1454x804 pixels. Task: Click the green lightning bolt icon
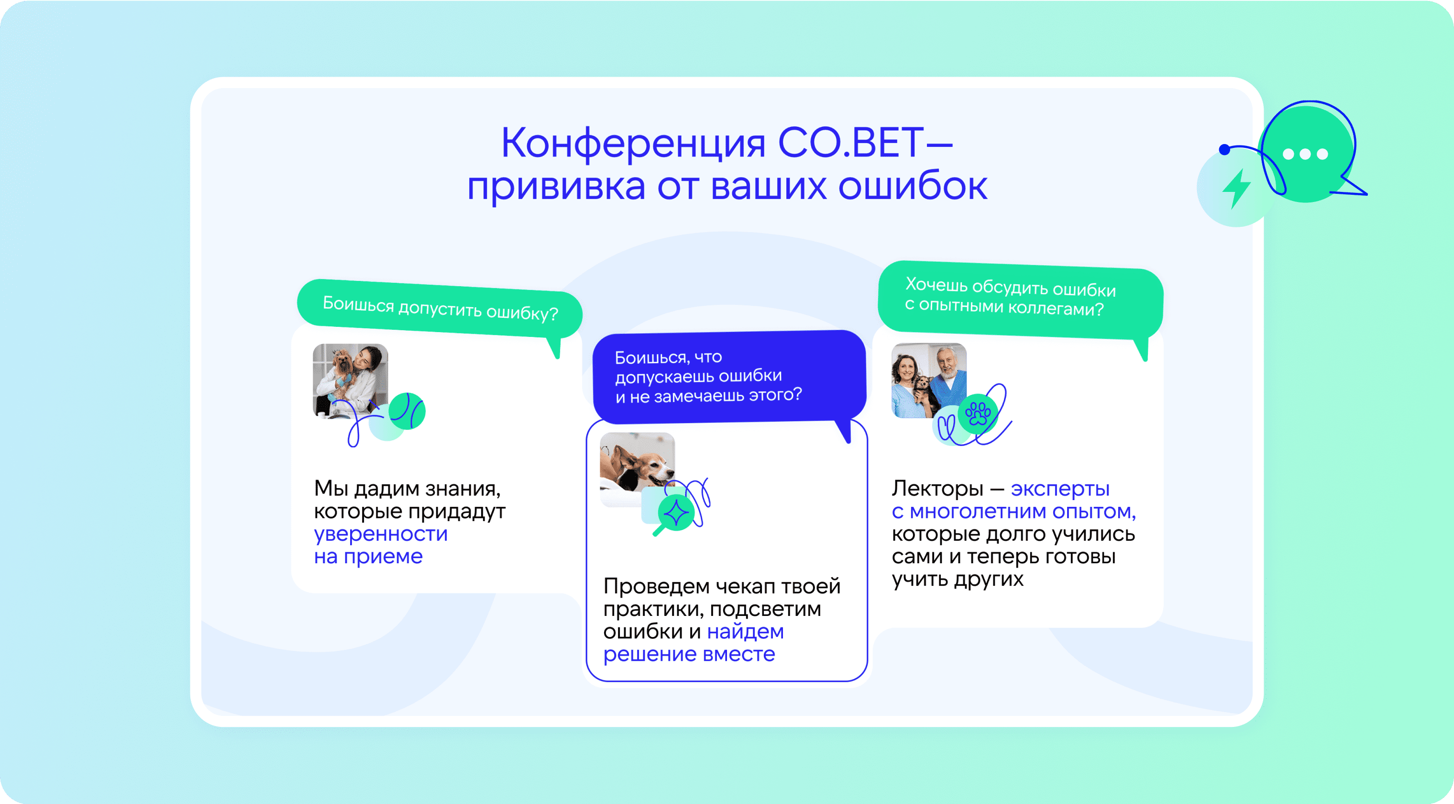pos(1236,189)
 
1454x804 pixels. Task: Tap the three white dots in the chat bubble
pos(1305,154)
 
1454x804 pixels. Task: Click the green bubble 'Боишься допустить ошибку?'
pos(440,310)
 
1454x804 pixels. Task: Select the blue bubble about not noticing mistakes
pos(729,378)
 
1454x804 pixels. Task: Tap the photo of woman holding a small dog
pos(351,380)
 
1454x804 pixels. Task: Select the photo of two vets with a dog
pos(929,380)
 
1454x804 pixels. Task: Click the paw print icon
pos(978,414)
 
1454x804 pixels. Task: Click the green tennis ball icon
pos(407,411)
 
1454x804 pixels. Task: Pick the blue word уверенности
pos(381,534)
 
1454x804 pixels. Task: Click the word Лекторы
pos(937,489)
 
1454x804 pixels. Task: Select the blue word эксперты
pos(1060,490)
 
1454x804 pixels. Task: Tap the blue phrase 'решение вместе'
pos(689,654)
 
